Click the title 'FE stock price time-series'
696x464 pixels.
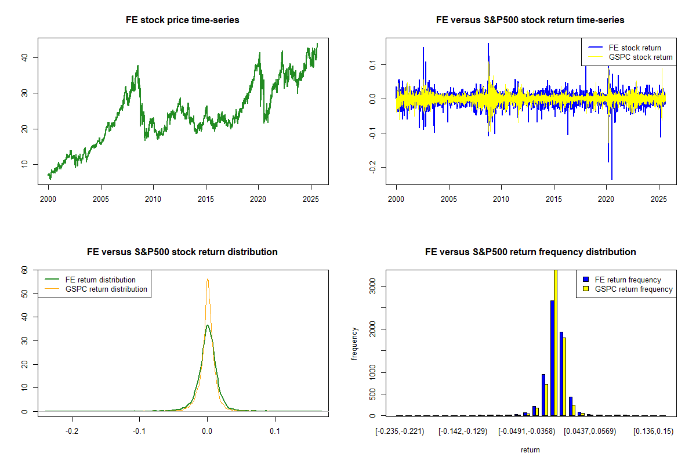click(182, 20)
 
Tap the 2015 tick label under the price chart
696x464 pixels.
click(206, 199)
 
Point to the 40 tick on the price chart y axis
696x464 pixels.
click(24, 57)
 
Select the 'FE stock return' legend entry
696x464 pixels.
click(625, 48)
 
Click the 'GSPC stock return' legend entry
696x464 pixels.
click(630, 57)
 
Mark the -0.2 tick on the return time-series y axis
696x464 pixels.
click(372, 167)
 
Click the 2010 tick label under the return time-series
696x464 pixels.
click(501, 199)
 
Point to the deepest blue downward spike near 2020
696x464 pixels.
click(612, 179)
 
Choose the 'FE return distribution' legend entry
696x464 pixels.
click(90, 280)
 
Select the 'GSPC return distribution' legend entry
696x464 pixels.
click(96, 289)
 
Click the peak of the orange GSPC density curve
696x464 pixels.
click(208, 278)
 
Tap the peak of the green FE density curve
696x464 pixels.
click(207, 325)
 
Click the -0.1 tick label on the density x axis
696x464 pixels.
click(139, 432)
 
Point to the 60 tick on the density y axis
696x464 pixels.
click(24, 270)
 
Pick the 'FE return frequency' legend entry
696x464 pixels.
click(622, 280)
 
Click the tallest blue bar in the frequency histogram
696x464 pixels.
click(552, 358)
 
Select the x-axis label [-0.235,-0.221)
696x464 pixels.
click(400, 432)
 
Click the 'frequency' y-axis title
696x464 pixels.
click(354, 344)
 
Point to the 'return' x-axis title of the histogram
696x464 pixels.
click(530, 450)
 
